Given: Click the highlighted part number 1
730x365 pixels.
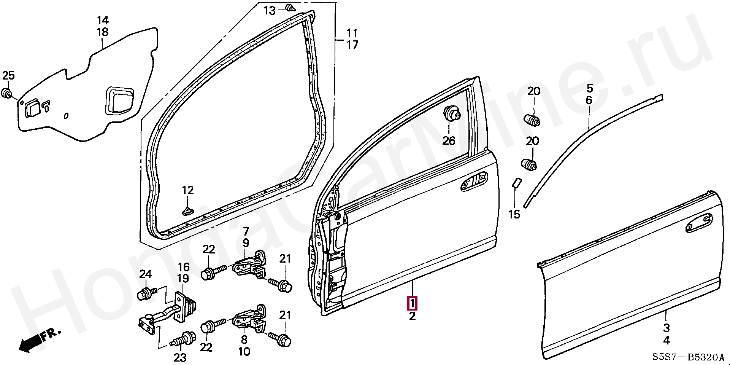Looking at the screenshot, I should pos(413,303).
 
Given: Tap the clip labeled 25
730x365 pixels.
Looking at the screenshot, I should pos(7,93).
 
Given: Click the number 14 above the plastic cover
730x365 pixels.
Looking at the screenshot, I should pos(102,20).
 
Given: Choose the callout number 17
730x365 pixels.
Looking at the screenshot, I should pos(352,45).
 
